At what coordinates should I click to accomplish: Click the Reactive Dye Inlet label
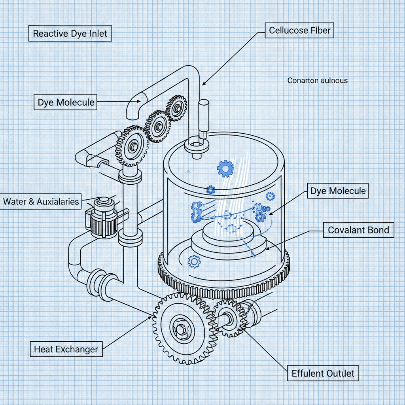(70, 34)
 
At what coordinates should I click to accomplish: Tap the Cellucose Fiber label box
(299, 30)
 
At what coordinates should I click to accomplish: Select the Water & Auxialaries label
(41, 201)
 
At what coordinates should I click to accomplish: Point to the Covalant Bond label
(358, 230)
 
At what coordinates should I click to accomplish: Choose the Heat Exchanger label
(66, 349)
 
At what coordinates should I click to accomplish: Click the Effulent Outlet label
(322, 373)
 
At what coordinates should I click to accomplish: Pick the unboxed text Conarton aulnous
(317, 80)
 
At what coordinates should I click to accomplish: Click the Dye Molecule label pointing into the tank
(338, 191)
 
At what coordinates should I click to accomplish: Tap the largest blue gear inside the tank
(225, 169)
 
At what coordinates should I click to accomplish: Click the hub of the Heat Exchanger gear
(182, 328)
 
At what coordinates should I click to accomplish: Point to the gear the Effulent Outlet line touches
(229, 317)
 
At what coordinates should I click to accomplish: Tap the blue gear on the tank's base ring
(194, 261)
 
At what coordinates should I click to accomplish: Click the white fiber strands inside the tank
(230, 186)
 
